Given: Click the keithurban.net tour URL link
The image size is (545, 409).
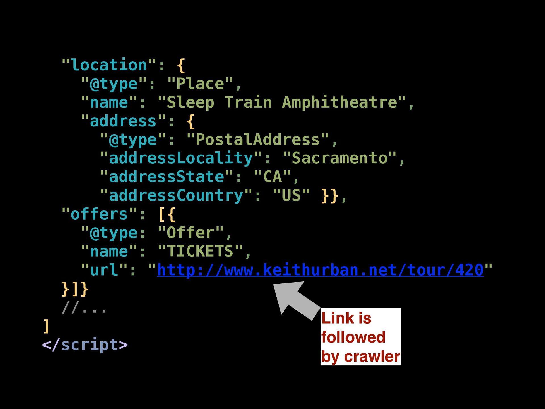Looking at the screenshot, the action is (x=320, y=270).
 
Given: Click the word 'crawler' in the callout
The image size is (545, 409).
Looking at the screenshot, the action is (x=372, y=356).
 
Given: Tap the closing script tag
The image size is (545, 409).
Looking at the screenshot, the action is (x=85, y=345).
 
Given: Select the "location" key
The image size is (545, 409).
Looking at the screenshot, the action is (x=109, y=65).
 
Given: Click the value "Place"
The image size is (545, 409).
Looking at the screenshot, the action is (x=200, y=84).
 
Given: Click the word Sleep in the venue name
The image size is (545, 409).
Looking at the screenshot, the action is (x=190, y=102).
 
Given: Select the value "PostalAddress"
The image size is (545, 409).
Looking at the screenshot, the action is (x=258, y=140).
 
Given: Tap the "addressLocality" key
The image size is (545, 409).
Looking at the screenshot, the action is (x=181, y=158).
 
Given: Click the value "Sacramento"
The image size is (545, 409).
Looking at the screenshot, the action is (x=339, y=158).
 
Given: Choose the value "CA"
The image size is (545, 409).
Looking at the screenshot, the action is (x=272, y=177).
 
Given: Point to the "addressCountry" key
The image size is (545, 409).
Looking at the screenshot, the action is (x=176, y=196).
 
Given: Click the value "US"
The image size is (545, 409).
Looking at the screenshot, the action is (x=291, y=196).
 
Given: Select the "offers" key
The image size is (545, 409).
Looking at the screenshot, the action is (x=99, y=214).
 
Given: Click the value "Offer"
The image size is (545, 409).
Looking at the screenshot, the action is (x=190, y=233).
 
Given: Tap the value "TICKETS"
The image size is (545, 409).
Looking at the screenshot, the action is (x=200, y=251).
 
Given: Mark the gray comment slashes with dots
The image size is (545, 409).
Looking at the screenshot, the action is (x=84, y=308).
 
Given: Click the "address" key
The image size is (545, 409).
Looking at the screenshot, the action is (x=123, y=121).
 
